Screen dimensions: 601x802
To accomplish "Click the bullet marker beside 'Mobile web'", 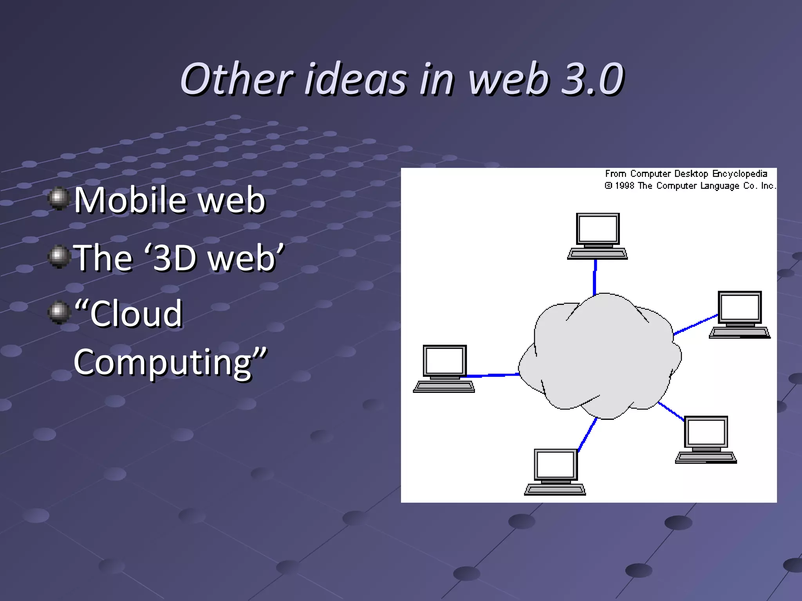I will point(59,199).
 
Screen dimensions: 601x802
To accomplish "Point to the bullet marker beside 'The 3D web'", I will point(59,257).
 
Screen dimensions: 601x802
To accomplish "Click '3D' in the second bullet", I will point(174,258).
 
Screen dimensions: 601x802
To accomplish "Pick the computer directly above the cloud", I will point(597,236).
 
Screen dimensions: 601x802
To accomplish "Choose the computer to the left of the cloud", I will point(444,369).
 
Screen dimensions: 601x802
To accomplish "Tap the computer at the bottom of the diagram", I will point(555,471).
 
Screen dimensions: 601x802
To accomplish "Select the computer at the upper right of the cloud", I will point(739,314).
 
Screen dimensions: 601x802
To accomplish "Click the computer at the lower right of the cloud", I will point(706,439).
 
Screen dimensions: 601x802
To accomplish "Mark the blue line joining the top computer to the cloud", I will point(595,276).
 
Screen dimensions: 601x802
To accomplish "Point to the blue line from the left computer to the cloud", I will point(493,375).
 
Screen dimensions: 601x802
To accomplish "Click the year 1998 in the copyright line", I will point(624,186).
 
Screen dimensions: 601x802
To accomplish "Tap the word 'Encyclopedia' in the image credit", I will point(739,174).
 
